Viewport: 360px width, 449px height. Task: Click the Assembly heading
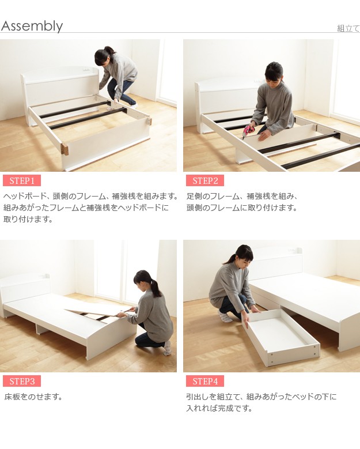click(32, 26)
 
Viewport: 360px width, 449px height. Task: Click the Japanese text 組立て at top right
click(348, 28)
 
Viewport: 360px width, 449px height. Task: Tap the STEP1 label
click(22, 180)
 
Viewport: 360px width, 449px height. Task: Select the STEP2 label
click(205, 180)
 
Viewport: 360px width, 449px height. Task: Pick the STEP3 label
click(22, 381)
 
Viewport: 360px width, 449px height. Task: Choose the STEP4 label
click(205, 381)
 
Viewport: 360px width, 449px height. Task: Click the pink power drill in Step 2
click(248, 131)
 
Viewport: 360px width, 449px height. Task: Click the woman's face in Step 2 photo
click(272, 78)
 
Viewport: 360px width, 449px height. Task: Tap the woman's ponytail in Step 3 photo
click(156, 288)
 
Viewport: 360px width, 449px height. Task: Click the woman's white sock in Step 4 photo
click(225, 316)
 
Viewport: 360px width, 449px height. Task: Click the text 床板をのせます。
click(33, 397)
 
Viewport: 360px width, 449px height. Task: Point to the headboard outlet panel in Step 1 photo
click(86, 69)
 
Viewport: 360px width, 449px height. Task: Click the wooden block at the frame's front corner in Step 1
click(65, 149)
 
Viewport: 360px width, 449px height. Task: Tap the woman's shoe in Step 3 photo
click(168, 348)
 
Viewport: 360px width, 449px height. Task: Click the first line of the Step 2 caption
click(242, 197)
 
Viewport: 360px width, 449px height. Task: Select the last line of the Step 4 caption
click(219, 408)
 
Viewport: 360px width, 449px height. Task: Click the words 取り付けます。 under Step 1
click(28, 220)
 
